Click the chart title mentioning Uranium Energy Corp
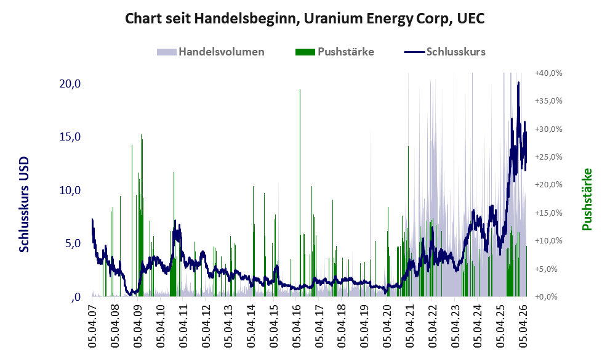[x=305, y=18]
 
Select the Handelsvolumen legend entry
[x=211, y=52]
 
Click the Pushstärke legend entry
[x=335, y=52]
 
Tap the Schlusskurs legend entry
[x=444, y=52]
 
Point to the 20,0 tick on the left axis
[x=70, y=83]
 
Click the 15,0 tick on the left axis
[x=70, y=137]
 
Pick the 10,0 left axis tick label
[x=70, y=190]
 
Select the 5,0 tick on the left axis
[x=73, y=243]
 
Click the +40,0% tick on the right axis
[x=548, y=73]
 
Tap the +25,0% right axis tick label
[x=548, y=157]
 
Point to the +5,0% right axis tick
[x=548, y=269]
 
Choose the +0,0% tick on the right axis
[x=548, y=297]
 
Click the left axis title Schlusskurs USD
[x=24, y=205]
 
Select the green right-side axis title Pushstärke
[x=587, y=199]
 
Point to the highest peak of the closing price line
[x=518, y=83]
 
